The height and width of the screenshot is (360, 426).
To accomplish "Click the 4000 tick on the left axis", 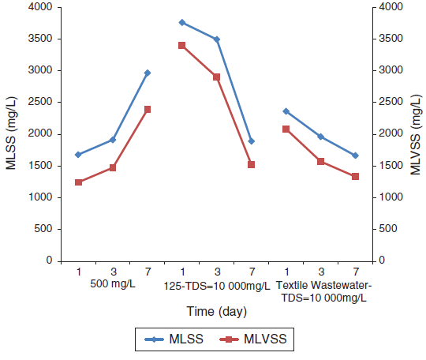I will (x=40, y=7).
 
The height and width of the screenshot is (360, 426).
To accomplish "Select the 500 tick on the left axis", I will (x=43, y=229).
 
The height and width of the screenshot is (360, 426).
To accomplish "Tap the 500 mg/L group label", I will (x=112, y=285).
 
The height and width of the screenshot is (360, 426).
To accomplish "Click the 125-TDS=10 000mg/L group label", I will (x=216, y=285).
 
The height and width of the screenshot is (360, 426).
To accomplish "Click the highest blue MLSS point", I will (x=182, y=22).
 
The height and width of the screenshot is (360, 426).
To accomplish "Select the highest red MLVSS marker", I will (x=182, y=45).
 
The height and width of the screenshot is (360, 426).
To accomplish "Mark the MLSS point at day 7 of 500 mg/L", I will (x=148, y=73).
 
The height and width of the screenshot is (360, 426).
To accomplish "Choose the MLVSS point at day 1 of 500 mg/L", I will (x=78, y=182).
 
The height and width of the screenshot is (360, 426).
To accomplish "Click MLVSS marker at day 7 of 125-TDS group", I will (x=252, y=164).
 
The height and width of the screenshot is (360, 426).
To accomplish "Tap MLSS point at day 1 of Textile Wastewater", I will (x=286, y=111).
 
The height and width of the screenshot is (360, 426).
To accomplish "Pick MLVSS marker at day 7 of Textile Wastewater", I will (x=355, y=176).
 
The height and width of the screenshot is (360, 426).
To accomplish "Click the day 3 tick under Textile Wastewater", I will (x=320, y=272).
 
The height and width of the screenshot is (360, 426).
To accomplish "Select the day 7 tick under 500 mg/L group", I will (x=148, y=272).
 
